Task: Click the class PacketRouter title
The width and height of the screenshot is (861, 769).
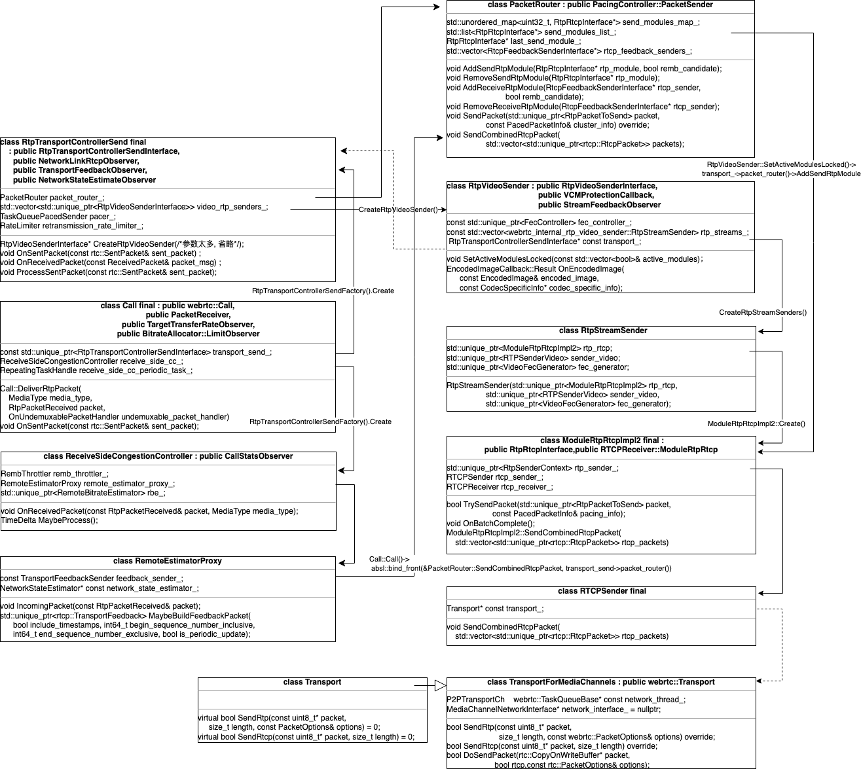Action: tap(600, 5)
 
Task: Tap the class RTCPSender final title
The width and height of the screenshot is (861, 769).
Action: tap(602, 592)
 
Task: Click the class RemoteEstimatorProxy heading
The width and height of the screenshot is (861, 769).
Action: tap(167, 562)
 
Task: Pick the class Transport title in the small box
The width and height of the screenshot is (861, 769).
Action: tap(312, 683)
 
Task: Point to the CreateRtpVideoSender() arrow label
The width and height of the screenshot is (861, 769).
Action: tap(398, 210)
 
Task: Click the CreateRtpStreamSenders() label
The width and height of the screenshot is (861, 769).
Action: tap(763, 313)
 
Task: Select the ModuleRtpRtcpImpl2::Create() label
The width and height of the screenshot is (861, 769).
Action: tap(756, 424)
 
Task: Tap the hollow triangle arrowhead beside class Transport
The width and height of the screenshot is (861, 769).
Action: tap(440, 686)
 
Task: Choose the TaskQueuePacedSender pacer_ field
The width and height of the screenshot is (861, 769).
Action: tap(58, 217)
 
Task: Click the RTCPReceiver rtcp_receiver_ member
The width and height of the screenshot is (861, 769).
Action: tap(500, 487)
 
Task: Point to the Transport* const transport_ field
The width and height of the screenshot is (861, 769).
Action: tap(495, 609)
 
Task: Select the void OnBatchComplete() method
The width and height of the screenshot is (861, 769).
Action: tap(490, 524)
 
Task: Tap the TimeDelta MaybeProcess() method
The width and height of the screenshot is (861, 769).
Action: tap(49, 521)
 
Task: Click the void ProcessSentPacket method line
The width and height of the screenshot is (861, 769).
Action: tap(108, 272)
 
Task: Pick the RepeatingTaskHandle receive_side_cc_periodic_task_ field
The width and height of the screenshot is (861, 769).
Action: tap(96, 370)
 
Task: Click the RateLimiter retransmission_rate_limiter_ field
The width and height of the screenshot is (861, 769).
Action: tap(71, 226)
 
